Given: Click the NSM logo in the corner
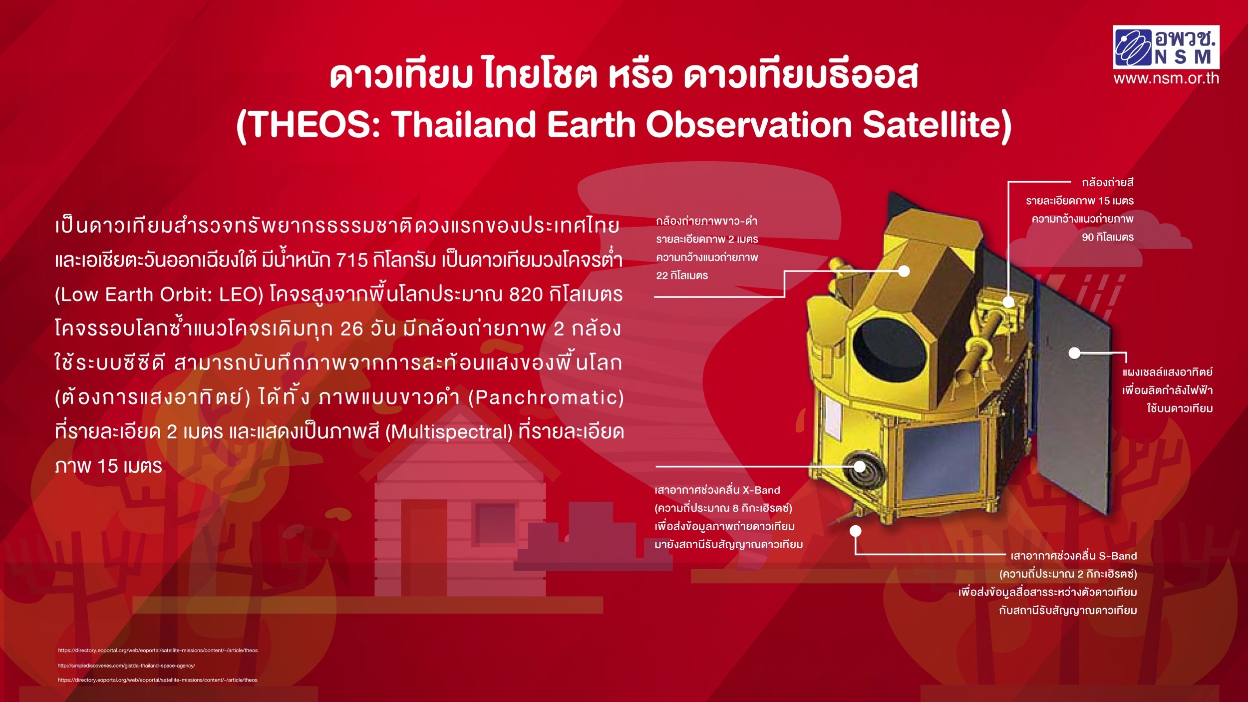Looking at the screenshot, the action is click(x=1166, y=47).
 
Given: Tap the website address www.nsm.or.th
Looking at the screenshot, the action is click(x=1166, y=78).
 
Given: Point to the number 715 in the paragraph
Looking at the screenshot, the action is click(x=352, y=260).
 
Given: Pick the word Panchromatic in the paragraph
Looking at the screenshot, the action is click(x=547, y=398).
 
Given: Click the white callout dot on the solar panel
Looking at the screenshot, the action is click(x=1074, y=353).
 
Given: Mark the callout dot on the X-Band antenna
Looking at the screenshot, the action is click(x=859, y=466).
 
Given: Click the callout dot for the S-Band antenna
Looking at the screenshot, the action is click(x=856, y=530).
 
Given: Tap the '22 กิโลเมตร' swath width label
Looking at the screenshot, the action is click(x=682, y=276).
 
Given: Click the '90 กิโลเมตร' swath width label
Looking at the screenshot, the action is click(x=1108, y=237).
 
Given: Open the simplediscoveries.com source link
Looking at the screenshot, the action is click(x=126, y=666).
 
